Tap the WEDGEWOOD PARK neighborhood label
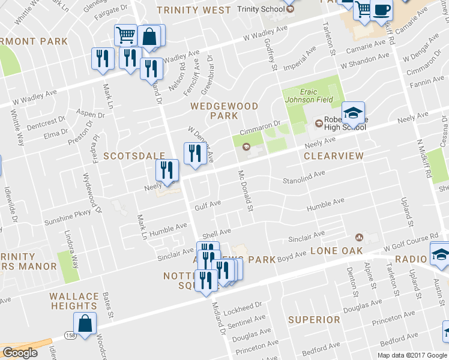(x=224, y=110)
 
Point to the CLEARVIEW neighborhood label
(x=334, y=155)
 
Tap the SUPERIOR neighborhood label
(x=314, y=319)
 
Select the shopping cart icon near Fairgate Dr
(x=125, y=35)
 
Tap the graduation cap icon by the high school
(x=354, y=112)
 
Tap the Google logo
(x=20, y=353)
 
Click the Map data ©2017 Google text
(x=412, y=355)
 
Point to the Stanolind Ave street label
(x=303, y=177)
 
